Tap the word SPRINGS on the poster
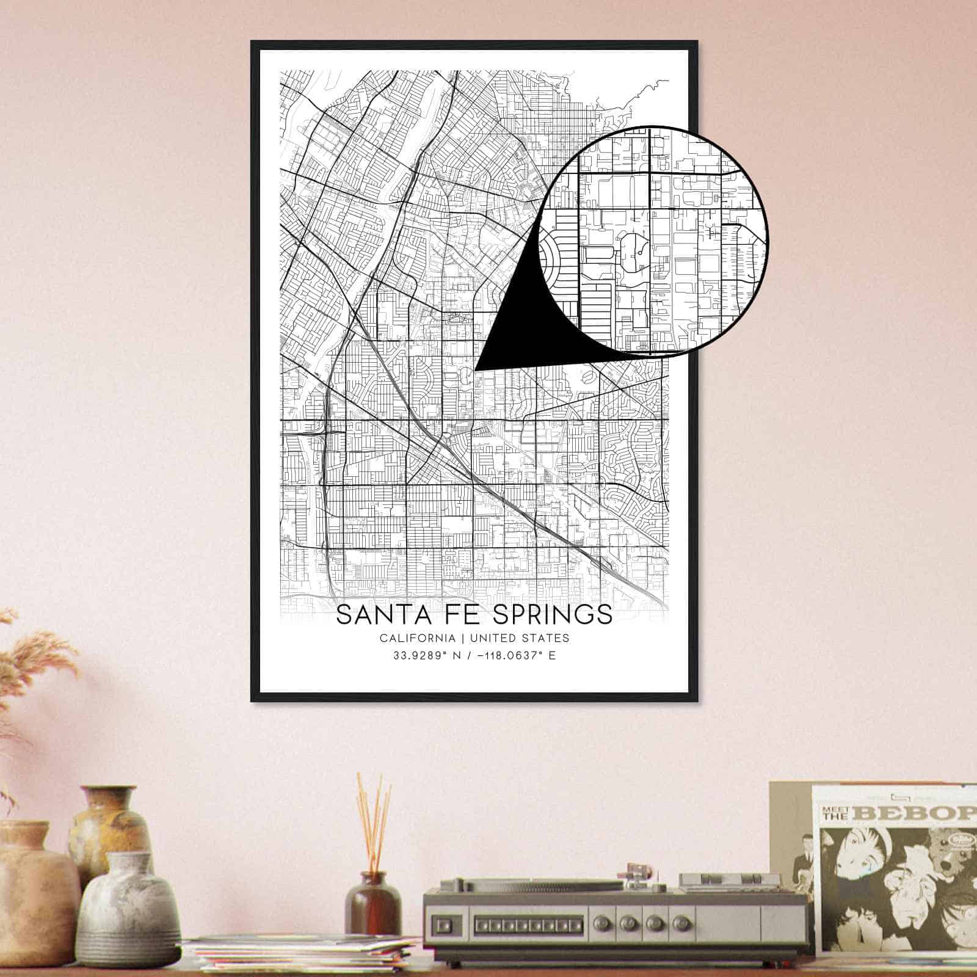[553, 615]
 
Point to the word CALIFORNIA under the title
[417, 638]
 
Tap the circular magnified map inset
[656, 241]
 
